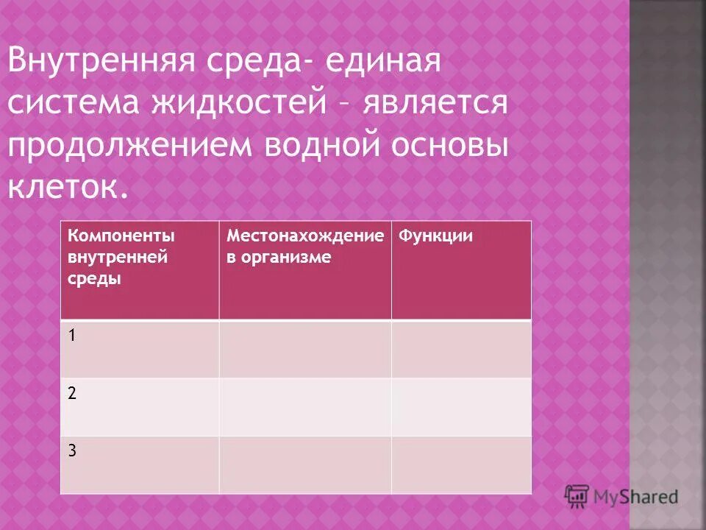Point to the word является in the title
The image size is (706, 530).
(x=433, y=102)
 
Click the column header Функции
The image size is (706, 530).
(x=435, y=236)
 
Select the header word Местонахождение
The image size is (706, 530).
(x=305, y=236)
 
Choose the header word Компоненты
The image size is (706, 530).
(x=121, y=236)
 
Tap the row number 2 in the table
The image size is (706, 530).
(x=71, y=393)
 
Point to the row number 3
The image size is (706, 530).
(x=71, y=451)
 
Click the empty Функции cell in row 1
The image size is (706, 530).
(x=460, y=349)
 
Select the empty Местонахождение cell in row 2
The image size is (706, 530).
(x=304, y=407)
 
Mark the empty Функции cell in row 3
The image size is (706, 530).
(x=460, y=464)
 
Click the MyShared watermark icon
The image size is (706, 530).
(x=577, y=496)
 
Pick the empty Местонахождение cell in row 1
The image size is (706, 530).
(x=304, y=349)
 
